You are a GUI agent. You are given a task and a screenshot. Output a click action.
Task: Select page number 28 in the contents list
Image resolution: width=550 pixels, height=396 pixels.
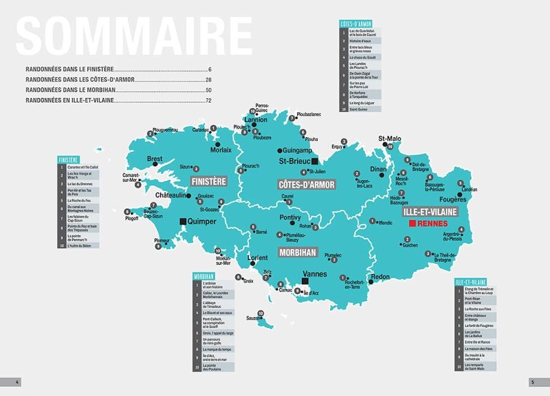click(x=208, y=80)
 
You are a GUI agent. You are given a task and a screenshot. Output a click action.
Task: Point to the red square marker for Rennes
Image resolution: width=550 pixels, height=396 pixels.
click(x=413, y=225)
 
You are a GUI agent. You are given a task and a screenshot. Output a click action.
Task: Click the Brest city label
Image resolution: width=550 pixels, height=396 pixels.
click(x=155, y=159)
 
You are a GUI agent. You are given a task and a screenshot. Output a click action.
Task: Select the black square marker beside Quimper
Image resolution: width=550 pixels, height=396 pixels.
click(x=182, y=221)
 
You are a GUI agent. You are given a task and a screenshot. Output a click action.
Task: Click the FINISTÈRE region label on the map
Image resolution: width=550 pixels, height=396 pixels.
click(x=208, y=182)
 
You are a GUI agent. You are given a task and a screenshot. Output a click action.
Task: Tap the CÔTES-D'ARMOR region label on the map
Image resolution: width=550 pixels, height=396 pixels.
click(x=306, y=184)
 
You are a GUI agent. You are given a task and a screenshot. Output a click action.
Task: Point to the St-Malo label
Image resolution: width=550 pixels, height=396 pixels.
click(x=389, y=139)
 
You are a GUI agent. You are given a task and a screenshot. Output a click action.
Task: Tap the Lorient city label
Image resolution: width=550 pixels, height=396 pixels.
click(x=257, y=258)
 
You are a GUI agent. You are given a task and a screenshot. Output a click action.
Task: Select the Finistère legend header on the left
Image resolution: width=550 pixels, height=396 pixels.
click(x=69, y=160)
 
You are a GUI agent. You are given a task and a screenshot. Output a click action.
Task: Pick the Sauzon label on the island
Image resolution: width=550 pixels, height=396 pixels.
click(x=254, y=318)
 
